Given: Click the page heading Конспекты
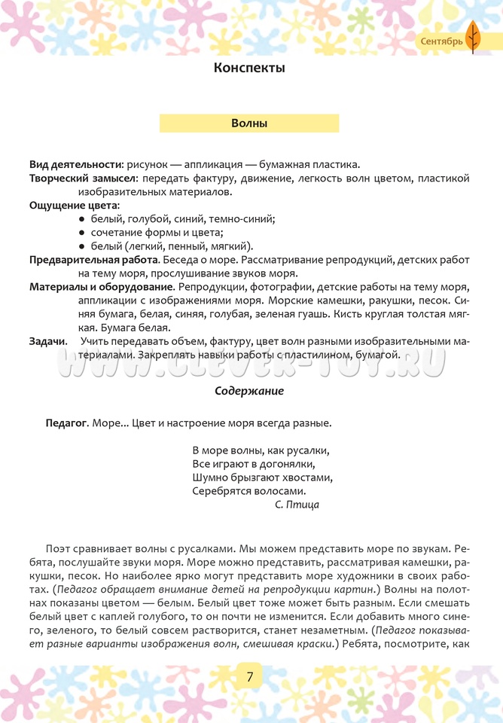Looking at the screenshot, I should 249,69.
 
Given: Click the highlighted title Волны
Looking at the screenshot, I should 249,124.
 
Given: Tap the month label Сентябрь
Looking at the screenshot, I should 441,41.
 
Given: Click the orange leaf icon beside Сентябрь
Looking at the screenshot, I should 473,38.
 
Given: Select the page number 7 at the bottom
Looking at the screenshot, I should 250,676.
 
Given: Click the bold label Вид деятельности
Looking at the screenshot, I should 76,164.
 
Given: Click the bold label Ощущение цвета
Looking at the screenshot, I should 74,206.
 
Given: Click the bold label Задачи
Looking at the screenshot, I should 47,341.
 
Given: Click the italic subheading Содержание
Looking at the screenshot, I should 249,391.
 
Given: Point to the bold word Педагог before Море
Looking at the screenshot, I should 67,423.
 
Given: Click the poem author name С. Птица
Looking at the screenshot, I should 297,505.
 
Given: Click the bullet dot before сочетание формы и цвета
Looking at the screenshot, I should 81,233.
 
